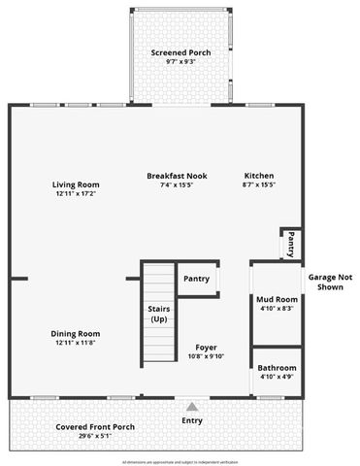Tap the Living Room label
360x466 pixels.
[x=75, y=184]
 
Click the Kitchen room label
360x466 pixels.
[x=259, y=176]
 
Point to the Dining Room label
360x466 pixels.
[x=76, y=334]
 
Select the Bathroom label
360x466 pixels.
[x=277, y=368]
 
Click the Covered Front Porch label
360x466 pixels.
[x=96, y=427]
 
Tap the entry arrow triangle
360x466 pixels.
[x=192, y=408]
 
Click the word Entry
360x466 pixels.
[x=192, y=422]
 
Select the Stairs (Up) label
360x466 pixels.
[x=157, y=314]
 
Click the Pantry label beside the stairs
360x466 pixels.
[x=196, y=279]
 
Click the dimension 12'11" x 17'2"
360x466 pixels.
[x=75, y=193]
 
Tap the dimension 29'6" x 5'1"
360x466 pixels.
[x=96, y=436]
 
